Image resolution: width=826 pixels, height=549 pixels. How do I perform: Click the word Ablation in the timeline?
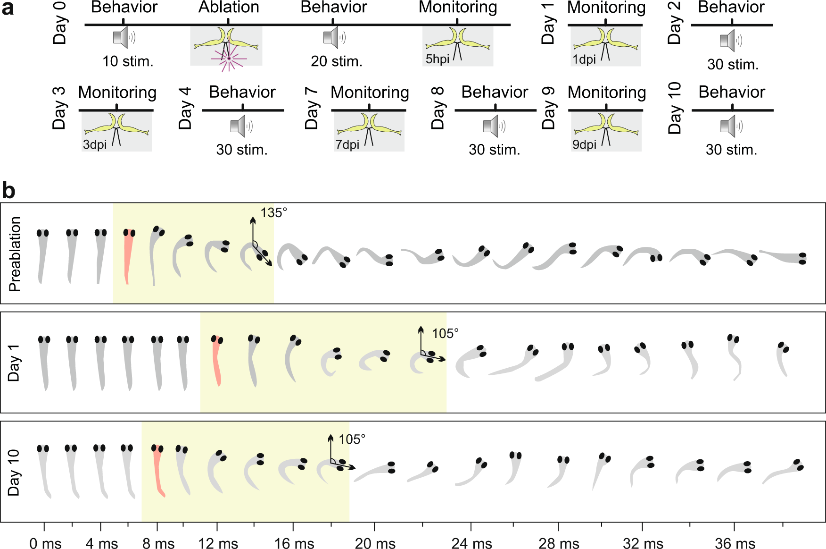coord(229,8)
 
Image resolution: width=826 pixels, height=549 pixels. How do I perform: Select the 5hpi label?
coord(437,59)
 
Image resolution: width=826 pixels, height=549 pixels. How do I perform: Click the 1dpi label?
coord(584,59)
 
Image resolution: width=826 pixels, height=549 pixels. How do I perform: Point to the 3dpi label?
coord(95,144)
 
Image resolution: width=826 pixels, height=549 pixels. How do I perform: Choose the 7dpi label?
coord(347,144)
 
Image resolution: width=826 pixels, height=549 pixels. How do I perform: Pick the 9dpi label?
coord(585,144)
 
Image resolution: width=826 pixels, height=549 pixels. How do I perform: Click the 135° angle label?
coord(273,213)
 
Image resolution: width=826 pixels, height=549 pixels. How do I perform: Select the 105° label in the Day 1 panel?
coord(445,334)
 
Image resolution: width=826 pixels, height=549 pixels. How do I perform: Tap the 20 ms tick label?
coord(375,543)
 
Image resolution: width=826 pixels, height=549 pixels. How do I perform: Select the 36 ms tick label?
coord(735,543)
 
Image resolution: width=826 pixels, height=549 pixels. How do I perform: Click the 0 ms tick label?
coord(45,543)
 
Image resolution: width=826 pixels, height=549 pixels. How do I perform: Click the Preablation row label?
coord(15,254)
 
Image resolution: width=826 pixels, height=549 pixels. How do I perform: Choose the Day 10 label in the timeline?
coord(675,108)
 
